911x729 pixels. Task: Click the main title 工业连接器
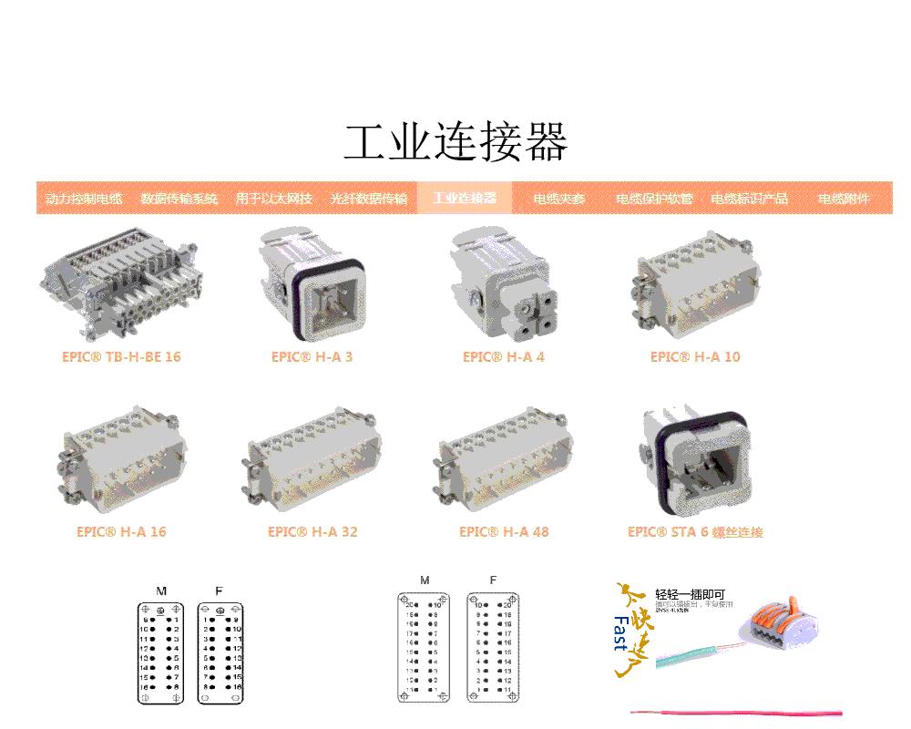(x=455, y=142)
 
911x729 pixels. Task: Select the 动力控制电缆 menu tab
(x=84, y=199)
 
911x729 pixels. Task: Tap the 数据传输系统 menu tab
(x=179, y=199)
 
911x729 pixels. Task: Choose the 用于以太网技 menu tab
(x=273, y=199)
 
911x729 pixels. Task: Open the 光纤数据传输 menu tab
(x=369, y=199)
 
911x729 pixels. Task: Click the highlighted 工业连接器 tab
(x=465, y=198)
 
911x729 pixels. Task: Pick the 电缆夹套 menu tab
(x=559, y=199)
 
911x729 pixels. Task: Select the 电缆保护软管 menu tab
(x=654, y=199)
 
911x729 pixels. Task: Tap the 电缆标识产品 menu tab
(x=749, y=199)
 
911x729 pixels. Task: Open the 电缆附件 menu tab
(x=844, y=199)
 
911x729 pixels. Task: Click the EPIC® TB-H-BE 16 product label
(x=121, y=357)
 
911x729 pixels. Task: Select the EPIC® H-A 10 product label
(x=695, y=357)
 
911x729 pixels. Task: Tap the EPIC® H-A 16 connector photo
(x=121, y=460)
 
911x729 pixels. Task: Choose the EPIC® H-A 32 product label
(x=312, y=532)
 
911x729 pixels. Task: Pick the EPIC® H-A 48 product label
(x=504, y=532)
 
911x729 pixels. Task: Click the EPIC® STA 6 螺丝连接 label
(x=695, y=532)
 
